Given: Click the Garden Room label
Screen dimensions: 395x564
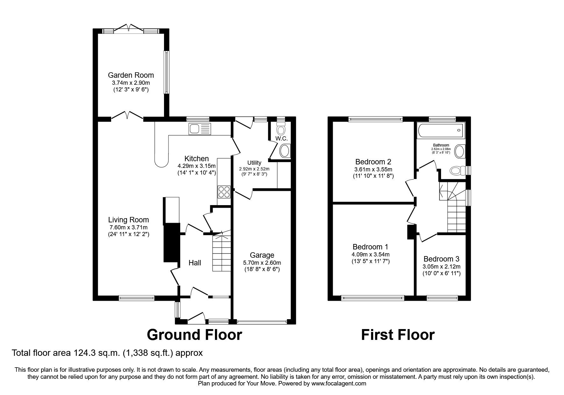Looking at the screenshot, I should click(x=131, y=75).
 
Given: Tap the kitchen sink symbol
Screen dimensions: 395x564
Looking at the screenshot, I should click(x=200, y=129).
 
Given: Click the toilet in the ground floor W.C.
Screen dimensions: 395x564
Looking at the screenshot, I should click(x=281, y=129).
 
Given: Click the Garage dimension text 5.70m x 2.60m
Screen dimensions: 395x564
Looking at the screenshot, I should click(x=262, y=263).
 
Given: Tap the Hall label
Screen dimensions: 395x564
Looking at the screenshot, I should click(x=195, y=263).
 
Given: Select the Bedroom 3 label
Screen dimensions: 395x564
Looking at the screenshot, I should click(x=441, y=259).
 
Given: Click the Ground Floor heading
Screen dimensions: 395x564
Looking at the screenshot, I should click(x=194, y=335).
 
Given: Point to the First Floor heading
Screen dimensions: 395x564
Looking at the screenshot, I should click(x=398, y=335).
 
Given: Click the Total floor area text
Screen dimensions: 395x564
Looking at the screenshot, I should click(x=107, y=353).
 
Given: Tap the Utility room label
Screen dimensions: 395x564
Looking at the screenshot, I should click(x=254, y=163).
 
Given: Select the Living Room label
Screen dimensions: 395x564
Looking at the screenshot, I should click(x=128, y=220).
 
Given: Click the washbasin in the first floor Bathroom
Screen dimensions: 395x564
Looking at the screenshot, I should click(x=460, y=151).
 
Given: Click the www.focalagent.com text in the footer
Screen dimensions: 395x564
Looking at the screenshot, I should click(x=339, y=384).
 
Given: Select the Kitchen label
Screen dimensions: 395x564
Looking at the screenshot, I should click(x=196, y=159).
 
